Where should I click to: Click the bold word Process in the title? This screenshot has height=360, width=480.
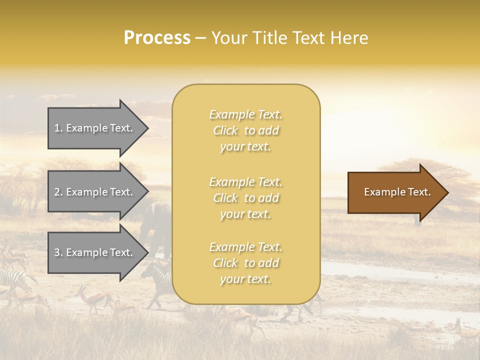157,38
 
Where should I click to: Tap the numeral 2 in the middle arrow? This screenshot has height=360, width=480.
57,192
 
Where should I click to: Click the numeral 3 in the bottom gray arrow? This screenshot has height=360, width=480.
57,252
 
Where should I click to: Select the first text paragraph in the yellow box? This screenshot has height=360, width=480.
245,130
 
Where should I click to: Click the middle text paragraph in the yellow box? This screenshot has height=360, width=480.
245,198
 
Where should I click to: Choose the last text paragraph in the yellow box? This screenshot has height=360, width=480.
245,263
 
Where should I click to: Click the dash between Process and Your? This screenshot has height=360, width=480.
200,38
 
